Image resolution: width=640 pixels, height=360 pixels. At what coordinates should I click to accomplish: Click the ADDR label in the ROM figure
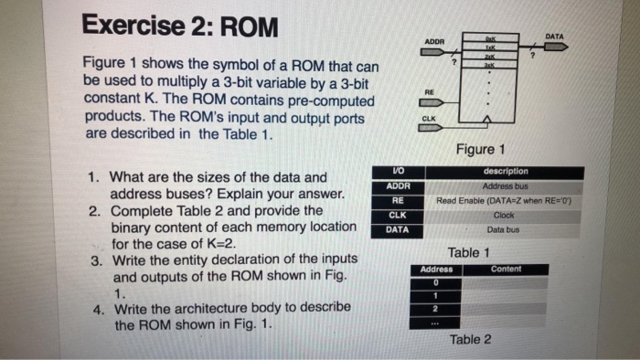[435, 42]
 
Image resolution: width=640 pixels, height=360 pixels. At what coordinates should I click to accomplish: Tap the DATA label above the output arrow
[554, 37]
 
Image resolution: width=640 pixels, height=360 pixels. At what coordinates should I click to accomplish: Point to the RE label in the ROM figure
[428, 91]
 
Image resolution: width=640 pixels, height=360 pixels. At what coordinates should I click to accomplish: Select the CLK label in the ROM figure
[429, 118]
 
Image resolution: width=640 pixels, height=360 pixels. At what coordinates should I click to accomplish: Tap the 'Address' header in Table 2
[437, 270]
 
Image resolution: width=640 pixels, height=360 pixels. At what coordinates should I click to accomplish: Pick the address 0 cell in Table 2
[437, 283]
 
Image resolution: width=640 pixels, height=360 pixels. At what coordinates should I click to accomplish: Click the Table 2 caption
[470, 340]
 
